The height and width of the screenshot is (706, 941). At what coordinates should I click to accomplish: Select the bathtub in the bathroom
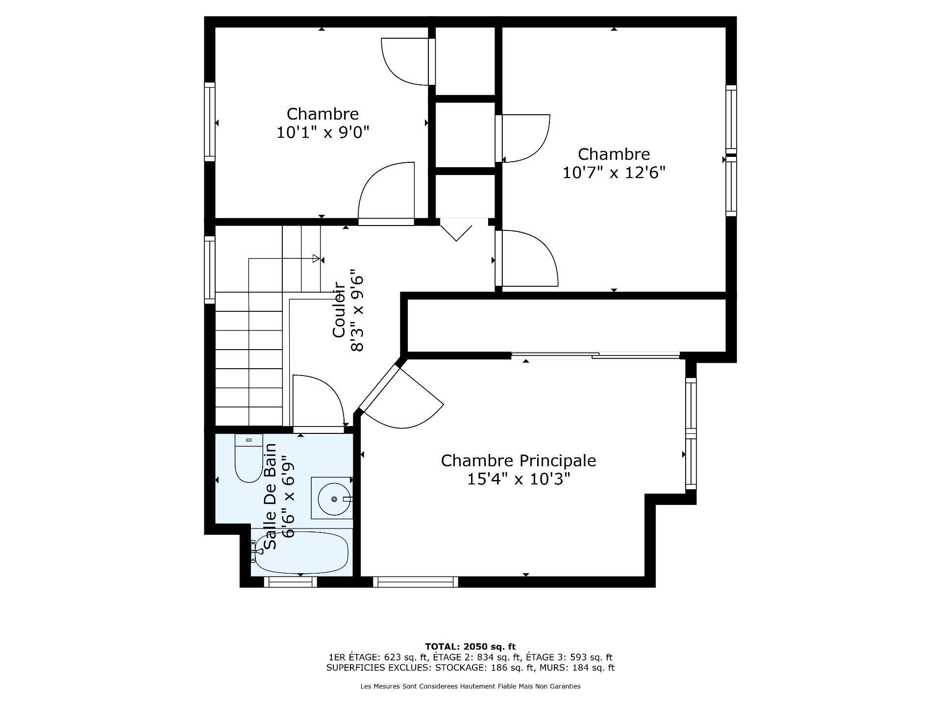click(301, 553)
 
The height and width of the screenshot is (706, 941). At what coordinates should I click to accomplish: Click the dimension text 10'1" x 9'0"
click(322, 132)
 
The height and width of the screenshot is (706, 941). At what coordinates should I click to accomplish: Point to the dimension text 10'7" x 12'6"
click(614, 173)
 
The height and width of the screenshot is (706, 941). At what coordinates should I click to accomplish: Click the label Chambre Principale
click(518, 461)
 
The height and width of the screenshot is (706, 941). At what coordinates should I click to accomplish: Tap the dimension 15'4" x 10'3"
click(518, 479)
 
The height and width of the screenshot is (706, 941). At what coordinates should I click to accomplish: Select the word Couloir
click(340, 314)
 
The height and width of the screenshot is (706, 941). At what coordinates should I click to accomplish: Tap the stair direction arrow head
click(316, 258)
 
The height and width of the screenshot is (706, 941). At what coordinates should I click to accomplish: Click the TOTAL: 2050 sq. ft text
click(470, 647)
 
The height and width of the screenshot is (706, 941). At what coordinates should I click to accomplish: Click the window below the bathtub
click(290, 582)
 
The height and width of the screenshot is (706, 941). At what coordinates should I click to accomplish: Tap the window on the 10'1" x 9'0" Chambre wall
click(210, 122)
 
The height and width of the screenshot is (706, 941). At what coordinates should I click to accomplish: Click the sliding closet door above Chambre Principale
click(595, 355)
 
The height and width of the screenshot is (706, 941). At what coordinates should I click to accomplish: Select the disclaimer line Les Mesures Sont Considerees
click(470, 686)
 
